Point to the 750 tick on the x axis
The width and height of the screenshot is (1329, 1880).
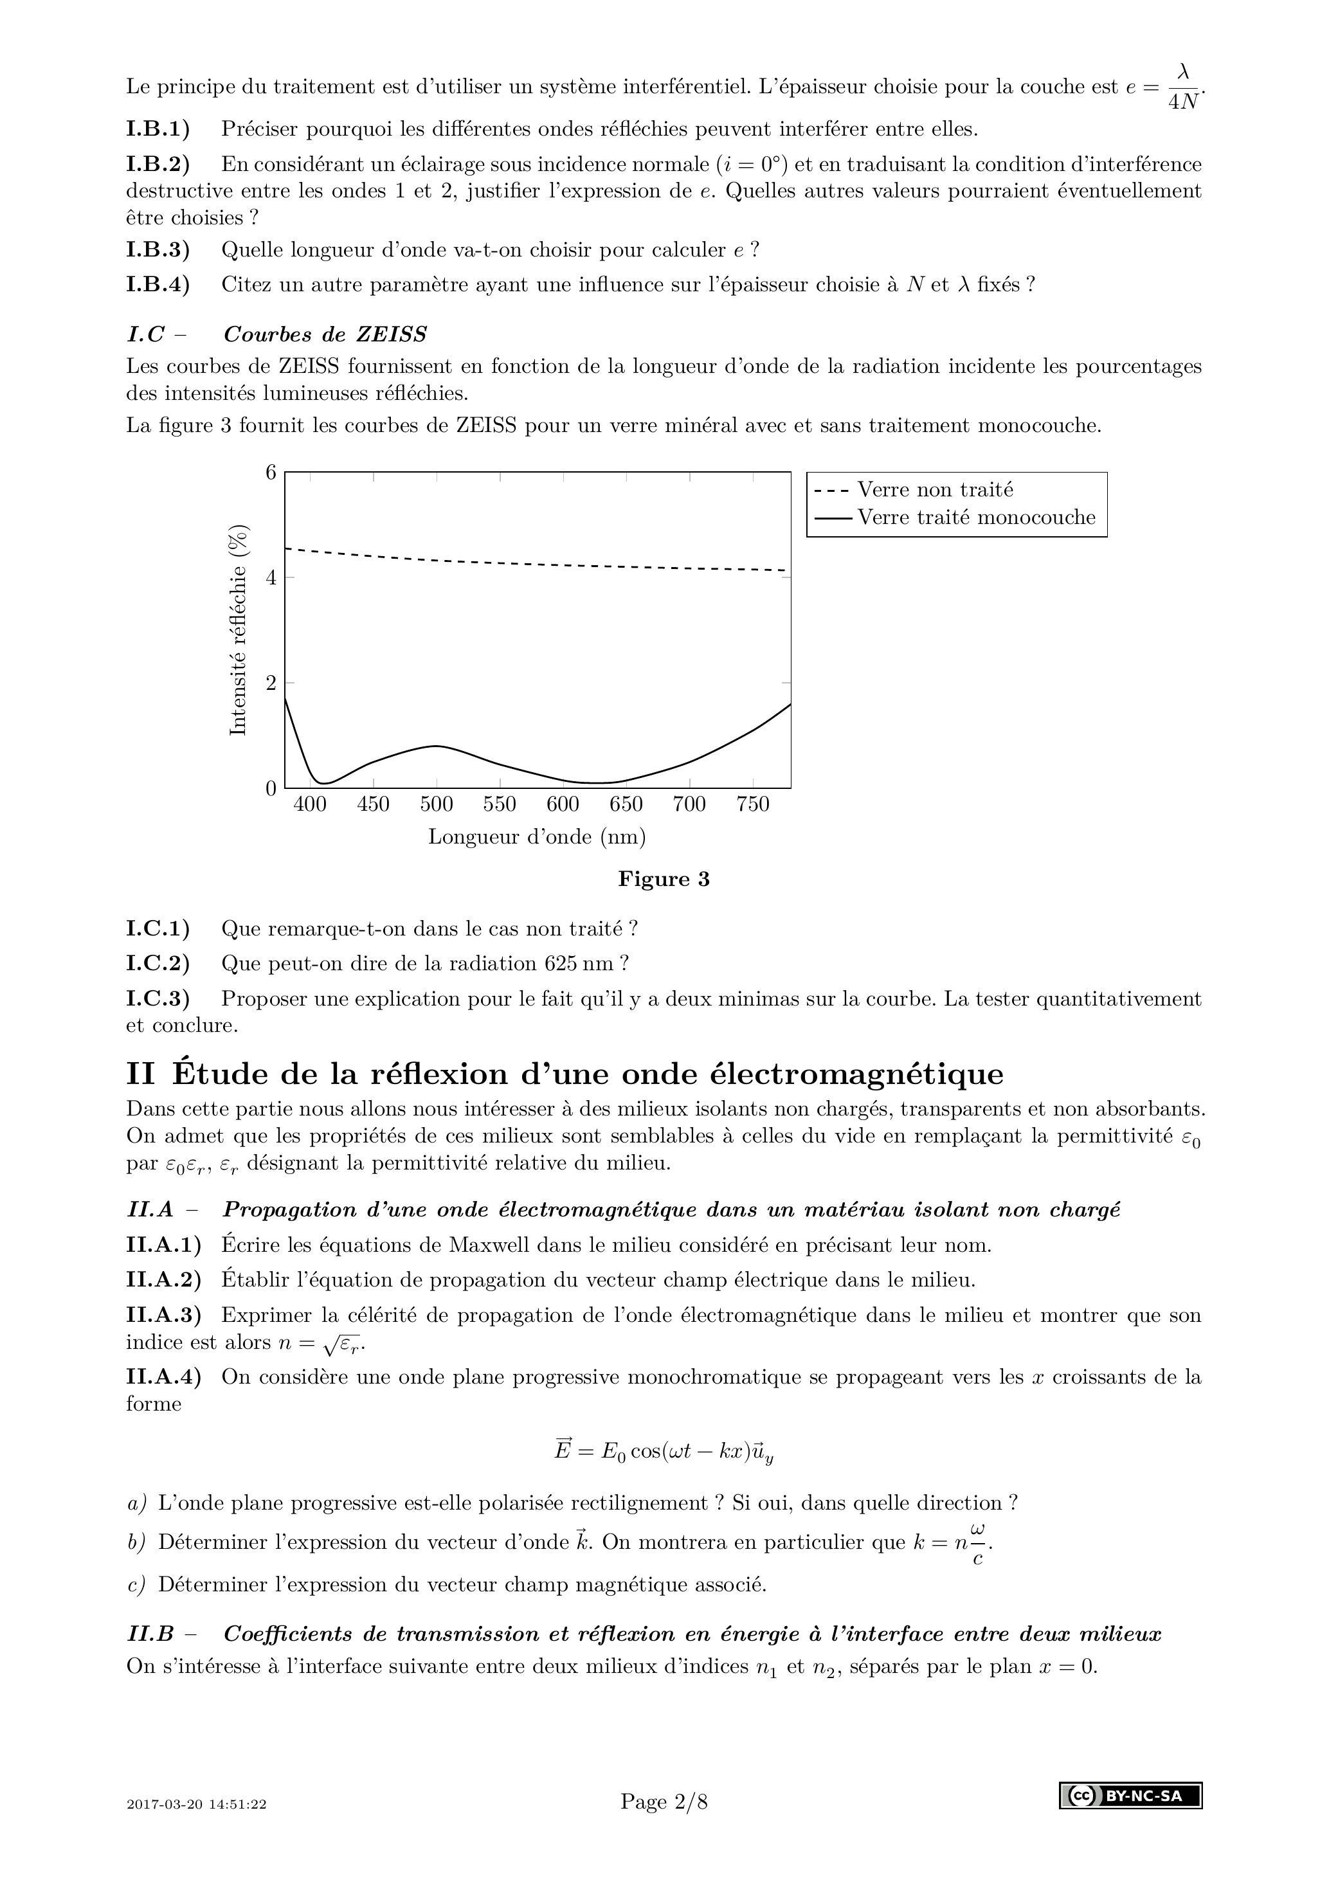[x=752, y=805]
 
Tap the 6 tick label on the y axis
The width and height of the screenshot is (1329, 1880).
[x=270, y=473]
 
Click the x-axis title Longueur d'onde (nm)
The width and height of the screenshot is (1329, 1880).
[x=537, y=837]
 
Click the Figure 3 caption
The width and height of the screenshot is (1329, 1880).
[x=664, y=880]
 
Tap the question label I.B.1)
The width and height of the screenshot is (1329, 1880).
[x=158, y=129]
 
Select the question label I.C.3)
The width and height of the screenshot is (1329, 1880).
[x=158, y=999]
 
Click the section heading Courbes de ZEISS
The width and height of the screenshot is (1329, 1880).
[x=325, y=335]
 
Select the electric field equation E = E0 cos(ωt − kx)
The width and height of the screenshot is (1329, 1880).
[x=664, y=1451]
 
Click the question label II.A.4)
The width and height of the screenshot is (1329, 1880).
[x=164, y=1377]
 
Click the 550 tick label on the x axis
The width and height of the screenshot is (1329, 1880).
[x=500, y=805]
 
